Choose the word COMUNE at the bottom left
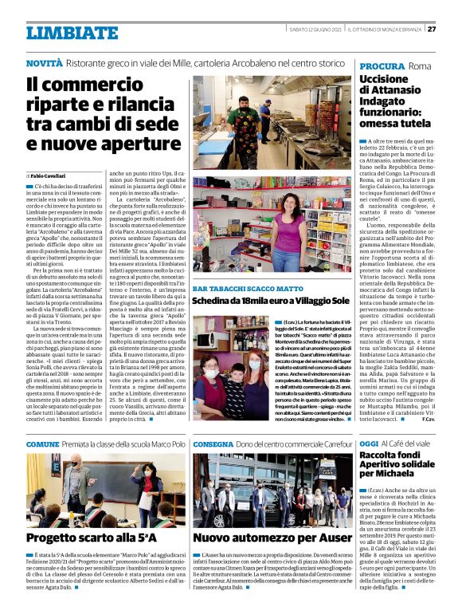(x=42, y=443)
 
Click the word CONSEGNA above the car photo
(x=213, y=443)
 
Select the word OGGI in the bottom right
(x=369, y=443)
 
